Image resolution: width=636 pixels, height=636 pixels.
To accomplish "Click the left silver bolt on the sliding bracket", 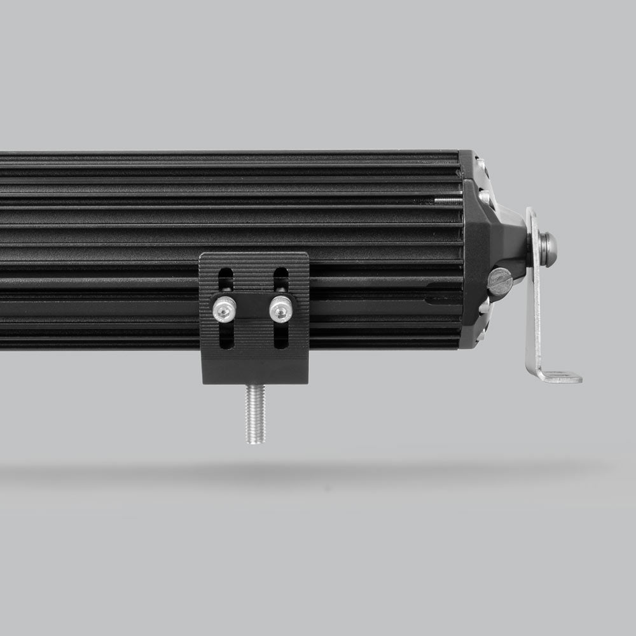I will (x=224, y=309).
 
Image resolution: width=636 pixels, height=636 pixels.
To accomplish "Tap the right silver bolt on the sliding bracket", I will (x=280, y=309).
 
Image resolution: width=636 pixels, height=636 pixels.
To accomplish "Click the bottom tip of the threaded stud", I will (x=255, y=441).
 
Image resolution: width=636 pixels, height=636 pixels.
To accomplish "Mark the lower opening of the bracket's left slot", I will (x=226, y=337).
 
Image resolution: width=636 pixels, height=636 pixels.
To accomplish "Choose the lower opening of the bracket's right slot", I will (x=281, y=337).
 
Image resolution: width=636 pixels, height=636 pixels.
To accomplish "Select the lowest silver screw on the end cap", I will (x=485, y=307).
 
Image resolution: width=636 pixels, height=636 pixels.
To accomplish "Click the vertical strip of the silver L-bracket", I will (x=535, y=305).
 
